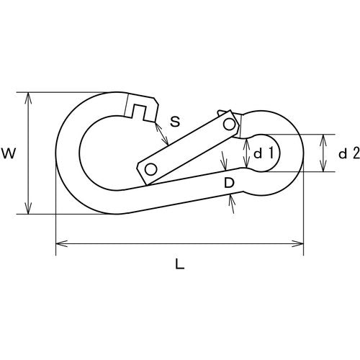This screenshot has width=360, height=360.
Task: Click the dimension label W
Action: (x=9, y=153)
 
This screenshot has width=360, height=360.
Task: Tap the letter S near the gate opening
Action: (x=175, y=121)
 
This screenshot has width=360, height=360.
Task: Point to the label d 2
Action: (x=348, y=153)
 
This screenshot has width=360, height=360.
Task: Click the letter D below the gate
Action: (x=228, y=184)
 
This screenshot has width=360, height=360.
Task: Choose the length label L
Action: (x=179, y=264)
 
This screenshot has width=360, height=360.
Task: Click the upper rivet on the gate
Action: (x=229, y=124)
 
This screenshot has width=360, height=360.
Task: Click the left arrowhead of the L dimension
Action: (x=58, y=245)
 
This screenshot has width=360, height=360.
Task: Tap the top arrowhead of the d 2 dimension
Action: (x=326, y=137)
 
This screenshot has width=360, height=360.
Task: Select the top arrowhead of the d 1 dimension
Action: (x=247, y=139)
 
